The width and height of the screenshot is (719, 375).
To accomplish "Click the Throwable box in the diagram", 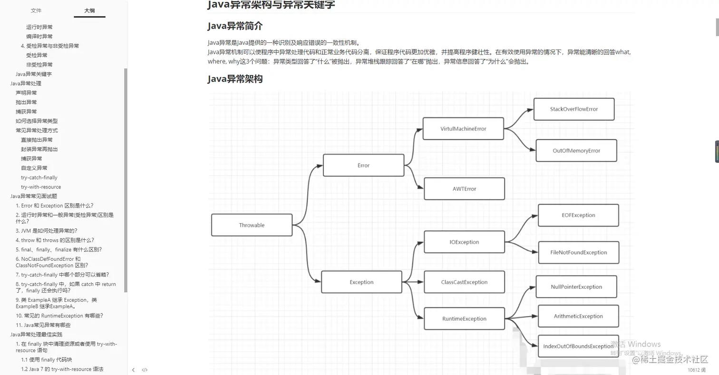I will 252,225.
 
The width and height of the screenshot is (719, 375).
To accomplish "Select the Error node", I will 363,165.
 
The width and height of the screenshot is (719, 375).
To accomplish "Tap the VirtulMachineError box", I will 463,128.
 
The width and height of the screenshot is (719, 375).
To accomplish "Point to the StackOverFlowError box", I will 573,109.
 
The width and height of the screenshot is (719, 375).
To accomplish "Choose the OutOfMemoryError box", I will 576,150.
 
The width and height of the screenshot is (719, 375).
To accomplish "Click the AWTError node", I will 464,188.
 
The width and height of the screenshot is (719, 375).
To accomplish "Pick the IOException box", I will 464,242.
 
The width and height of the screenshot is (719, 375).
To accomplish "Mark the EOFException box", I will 578,215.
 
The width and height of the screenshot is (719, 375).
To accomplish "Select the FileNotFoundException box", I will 578,252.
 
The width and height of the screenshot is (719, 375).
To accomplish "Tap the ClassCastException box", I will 464,282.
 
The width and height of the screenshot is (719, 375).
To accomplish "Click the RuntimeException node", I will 464,319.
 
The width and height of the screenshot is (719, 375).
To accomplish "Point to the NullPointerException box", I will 576,287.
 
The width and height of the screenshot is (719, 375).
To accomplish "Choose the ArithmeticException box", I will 578,316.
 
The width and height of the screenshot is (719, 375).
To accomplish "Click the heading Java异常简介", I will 235,26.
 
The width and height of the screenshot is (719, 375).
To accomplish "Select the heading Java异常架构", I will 235,79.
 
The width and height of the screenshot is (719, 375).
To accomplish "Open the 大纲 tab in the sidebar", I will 89,10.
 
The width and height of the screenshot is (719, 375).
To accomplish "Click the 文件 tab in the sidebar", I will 36,10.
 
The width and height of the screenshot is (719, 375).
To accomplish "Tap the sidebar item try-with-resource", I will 41,187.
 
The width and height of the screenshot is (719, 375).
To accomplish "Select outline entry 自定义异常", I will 34,168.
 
